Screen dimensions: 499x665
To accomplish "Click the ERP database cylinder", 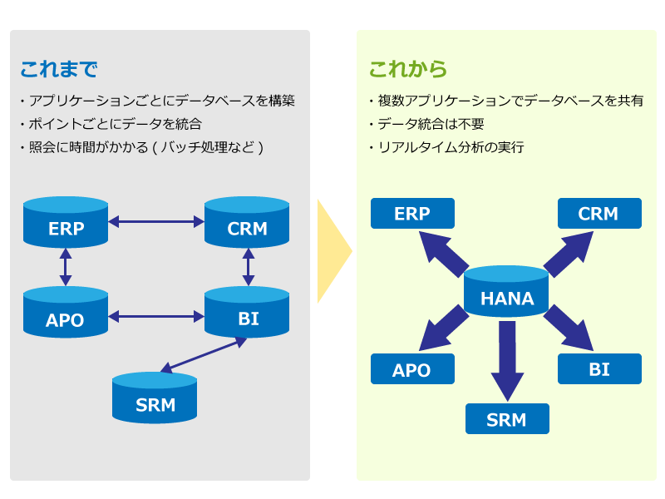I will tap(66, 222).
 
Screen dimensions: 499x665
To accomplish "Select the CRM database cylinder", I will tap(247, 222).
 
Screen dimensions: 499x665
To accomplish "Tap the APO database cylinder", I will tap(66, 313).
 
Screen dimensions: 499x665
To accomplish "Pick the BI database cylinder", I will tap(247, 313).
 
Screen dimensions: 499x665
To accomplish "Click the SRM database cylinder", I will tap(155, 399).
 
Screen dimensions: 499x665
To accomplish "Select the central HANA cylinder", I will tap(507, 292).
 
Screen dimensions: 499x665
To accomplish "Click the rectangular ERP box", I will tap(412, 214).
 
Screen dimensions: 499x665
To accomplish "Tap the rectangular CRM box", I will tap(598, 214).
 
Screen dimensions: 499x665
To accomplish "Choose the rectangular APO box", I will tap(412, 369).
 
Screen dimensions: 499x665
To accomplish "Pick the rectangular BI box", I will tap(598, 369).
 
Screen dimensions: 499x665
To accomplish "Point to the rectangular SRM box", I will tap(507, 418).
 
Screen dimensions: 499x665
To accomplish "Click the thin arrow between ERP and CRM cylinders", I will tap(156, 222).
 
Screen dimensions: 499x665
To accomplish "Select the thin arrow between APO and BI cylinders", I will tap(156, 316).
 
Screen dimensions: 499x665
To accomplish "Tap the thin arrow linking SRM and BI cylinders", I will tap(203, 355).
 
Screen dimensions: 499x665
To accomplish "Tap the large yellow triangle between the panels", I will tap(332, 250).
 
